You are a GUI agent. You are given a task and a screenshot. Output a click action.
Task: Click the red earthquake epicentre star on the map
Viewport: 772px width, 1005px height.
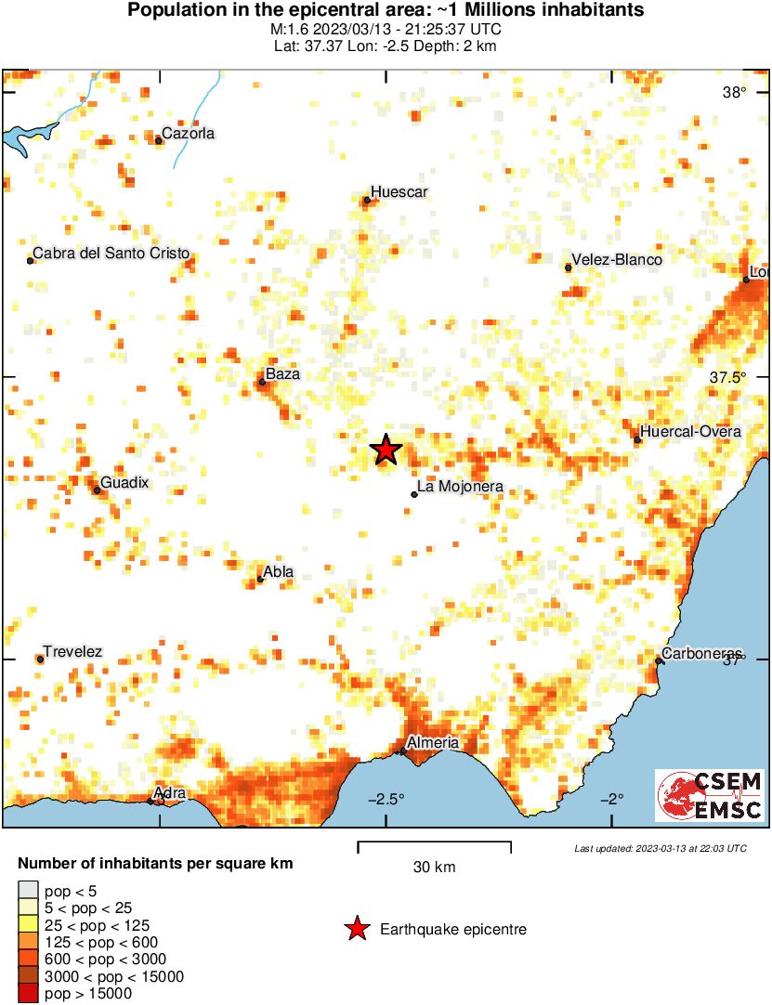click(386, 450)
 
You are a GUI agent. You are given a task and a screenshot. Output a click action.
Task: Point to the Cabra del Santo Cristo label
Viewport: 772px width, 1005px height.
click(111, 253)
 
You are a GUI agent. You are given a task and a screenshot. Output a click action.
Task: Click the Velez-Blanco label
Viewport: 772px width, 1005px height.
click(617, 260)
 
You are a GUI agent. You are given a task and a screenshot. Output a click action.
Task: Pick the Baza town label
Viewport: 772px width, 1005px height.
click(283, 374)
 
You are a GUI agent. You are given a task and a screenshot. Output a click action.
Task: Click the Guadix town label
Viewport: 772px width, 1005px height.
click(124, 483)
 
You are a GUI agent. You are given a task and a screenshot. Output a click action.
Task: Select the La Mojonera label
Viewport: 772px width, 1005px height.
click(461, 487)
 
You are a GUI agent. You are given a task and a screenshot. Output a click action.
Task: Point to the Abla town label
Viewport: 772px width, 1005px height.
click(279, 572)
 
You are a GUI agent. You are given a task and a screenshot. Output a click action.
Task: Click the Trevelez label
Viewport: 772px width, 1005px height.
click(72, 652)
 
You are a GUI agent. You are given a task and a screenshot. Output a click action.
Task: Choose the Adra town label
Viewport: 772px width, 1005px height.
click(170, 793)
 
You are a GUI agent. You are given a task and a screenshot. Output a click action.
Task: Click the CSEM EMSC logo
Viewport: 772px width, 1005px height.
click(710, 795)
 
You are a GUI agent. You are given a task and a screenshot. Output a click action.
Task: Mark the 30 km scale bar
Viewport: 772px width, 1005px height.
click(435, 845)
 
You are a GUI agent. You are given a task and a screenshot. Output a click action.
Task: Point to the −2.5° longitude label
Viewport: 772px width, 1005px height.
click(387, 799)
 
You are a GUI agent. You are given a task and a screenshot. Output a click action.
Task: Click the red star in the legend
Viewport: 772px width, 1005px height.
click(356, 929)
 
